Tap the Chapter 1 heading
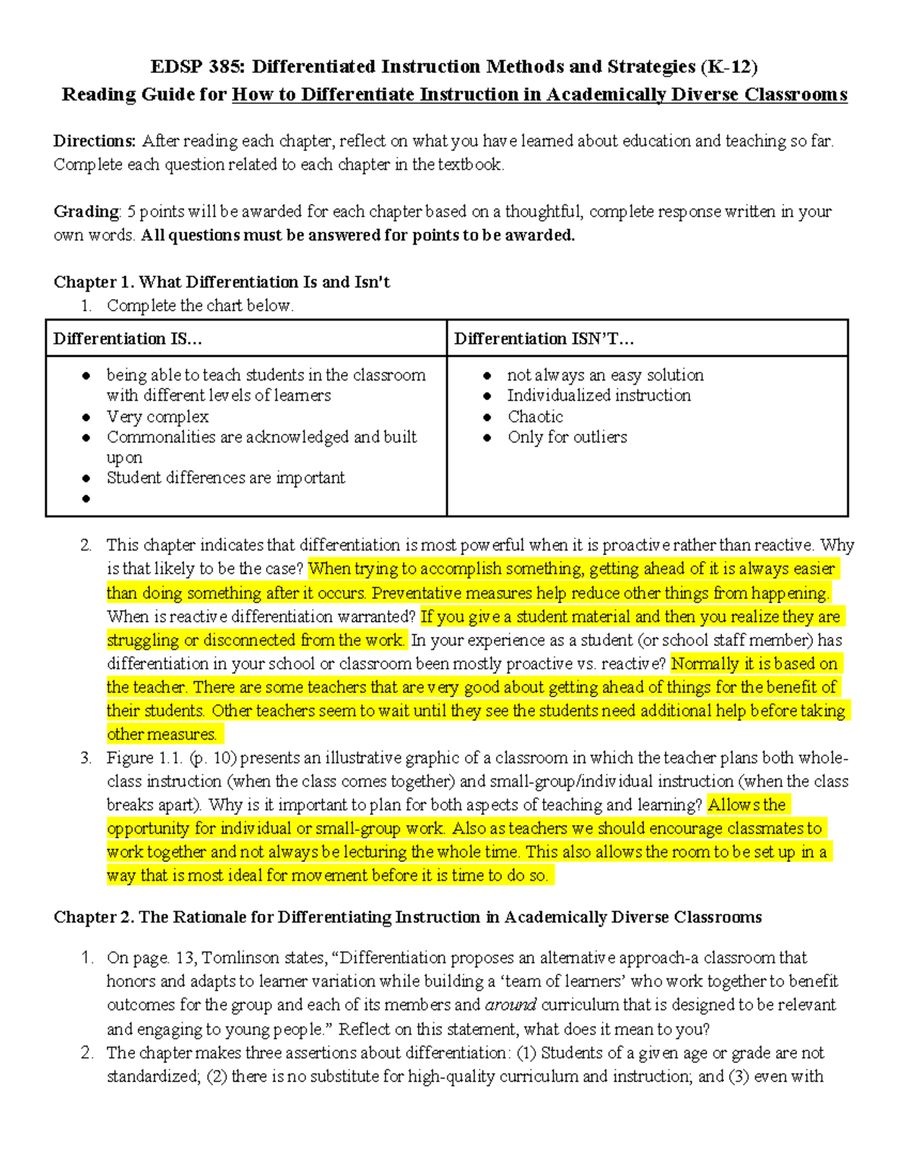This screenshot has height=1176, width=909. coord(221,282)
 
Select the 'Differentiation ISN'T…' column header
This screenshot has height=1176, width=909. coord(544,338)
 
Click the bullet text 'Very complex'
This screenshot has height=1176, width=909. coord(158,416)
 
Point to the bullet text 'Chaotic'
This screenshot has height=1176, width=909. coord(535,416)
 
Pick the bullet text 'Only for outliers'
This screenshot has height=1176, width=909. coord(567,437)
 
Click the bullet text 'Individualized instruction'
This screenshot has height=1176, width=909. coord(598,395)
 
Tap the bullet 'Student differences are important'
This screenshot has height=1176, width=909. coord(226,478)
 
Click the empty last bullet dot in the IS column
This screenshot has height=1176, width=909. coord(86,499)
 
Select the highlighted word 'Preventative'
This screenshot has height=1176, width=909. coord(414,593)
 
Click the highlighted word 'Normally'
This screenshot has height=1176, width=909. coord(705,664)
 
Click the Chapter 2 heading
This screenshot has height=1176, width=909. coord(407,918)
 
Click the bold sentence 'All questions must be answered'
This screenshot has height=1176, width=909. coord(358,236)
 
